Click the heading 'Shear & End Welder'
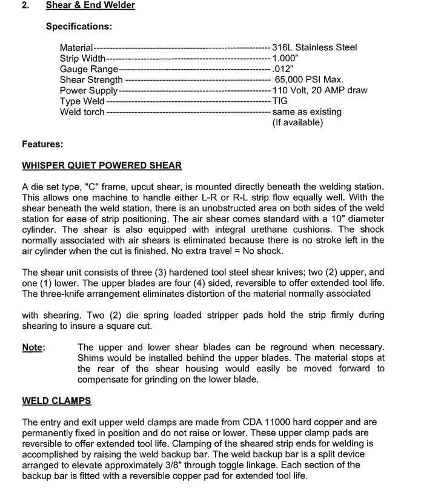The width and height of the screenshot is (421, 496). tap(90, 5)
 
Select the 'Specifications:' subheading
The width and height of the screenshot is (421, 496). tap(79, 27)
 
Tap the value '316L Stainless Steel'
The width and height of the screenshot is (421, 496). tap(314, 47)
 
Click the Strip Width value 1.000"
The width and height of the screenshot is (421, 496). tap(285, 58)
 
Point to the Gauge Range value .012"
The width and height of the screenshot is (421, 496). tap(282, 69)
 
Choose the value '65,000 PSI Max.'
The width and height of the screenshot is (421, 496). tap(309, 79)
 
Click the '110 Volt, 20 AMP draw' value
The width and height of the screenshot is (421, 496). tap(319, 90)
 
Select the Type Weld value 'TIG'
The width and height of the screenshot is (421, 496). tap(280, 101)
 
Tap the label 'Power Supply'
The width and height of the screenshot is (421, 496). tap(88, 90)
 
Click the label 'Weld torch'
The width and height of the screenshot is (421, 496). tap(82, 112)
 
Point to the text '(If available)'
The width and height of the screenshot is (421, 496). tap(297, 122)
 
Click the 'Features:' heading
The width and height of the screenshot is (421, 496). tap(42, 144)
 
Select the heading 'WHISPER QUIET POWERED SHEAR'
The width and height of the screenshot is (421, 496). tap(102, 165)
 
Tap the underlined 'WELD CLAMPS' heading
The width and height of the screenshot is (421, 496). tap(56, 401)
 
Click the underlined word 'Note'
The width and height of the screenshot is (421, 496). tap(33, 347)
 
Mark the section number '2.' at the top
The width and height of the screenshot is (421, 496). tap(25, 5)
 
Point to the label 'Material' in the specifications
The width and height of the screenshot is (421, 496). tap(76, 47)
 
